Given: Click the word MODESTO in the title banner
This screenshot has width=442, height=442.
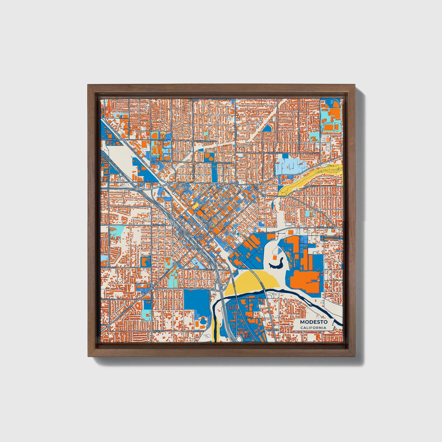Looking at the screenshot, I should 314,322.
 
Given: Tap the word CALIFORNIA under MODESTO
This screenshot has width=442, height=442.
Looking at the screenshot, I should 313,328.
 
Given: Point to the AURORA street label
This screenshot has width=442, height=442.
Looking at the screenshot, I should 194,100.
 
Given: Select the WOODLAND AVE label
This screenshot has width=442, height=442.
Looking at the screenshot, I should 110,139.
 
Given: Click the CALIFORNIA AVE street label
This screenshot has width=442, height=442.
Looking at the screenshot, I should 109,267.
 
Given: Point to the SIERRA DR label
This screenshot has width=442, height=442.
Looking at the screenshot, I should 208,269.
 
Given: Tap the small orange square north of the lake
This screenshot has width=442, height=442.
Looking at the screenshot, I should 278,250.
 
